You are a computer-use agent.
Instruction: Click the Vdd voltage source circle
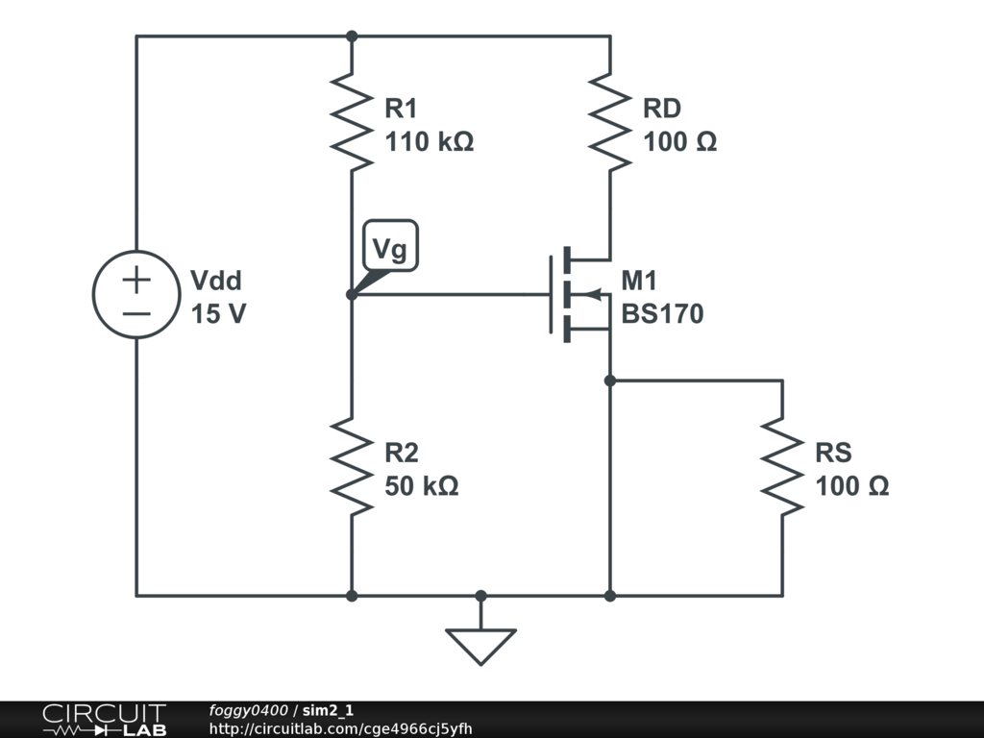93,294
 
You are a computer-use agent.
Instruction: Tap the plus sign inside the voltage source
136,280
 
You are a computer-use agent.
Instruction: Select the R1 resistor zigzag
352,122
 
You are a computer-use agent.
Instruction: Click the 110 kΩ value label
430,142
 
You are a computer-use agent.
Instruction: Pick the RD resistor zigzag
610,122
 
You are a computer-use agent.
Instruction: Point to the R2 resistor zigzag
352,467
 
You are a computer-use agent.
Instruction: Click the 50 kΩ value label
422,486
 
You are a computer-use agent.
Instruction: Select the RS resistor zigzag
782,467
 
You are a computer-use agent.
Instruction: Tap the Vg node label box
390,245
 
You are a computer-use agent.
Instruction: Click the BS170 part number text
662,314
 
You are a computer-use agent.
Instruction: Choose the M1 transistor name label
639,281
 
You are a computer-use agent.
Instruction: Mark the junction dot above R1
352,37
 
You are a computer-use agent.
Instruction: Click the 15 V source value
218,314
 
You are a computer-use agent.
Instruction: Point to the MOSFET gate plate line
551,294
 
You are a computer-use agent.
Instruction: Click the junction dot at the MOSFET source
610,381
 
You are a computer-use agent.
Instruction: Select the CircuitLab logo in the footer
105,720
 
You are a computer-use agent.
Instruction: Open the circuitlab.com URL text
341,728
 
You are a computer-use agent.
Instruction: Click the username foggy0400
249,710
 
